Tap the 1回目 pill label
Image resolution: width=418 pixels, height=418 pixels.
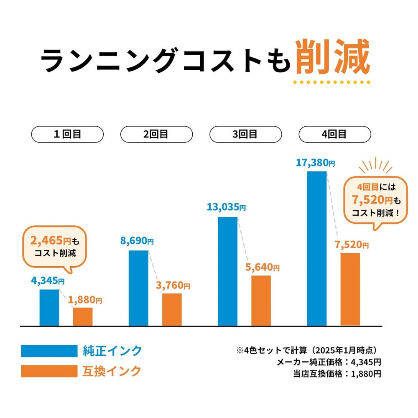coord(67,134)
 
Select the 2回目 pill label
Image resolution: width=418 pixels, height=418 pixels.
coord(156,134)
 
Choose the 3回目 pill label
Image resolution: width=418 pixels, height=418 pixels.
coord(245,134)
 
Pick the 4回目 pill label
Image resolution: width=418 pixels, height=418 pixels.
coord(334,134)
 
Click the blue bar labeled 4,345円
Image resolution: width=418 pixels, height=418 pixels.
coord(49,307)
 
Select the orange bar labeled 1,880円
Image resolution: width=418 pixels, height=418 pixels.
coord(83,316)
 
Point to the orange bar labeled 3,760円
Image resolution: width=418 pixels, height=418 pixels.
coord(172,309)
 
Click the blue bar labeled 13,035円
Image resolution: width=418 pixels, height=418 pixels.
coord(228,271)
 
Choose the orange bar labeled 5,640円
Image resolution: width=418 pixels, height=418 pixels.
coord(261,300)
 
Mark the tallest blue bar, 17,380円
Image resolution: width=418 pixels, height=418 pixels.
coord(317,248)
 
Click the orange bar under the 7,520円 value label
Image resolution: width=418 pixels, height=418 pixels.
coord(350,289)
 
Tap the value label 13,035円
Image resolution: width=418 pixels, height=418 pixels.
coord(226,207)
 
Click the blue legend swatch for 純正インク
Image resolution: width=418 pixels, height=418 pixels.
coord(49,350)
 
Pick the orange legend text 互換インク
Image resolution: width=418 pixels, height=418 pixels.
coord(112,371)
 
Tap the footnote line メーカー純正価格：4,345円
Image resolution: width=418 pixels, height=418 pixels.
coord(329,362)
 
